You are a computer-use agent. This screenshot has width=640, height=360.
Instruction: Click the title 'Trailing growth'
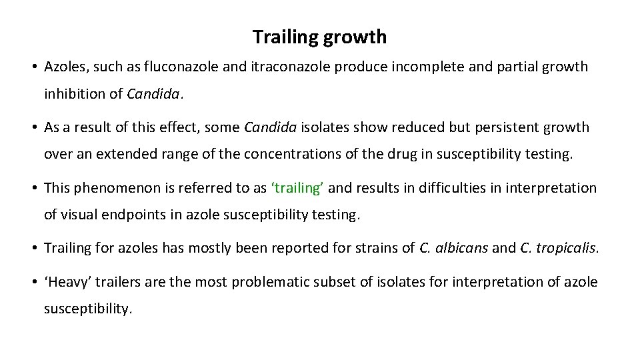319,37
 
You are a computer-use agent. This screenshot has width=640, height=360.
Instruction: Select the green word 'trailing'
297,188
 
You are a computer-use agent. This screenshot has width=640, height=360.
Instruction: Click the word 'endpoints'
132,215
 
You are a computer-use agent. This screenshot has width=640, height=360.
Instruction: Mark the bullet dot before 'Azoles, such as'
33,67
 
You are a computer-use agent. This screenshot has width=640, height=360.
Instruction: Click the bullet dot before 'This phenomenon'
33,189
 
